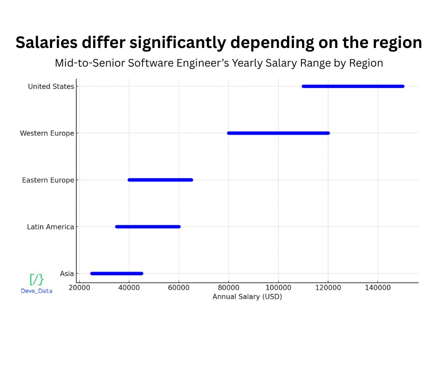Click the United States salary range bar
(353, 86)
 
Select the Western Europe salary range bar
(278, 133)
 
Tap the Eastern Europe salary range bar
(160, 180)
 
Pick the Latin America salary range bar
(148, 227)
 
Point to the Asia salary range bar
(116, 273)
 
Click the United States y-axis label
(51, 87)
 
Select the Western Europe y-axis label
(47, 134)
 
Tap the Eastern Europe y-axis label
(48, 180)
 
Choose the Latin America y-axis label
(50, 227)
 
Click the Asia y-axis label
(67, 274)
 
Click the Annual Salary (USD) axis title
(247, 297)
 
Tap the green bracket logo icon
(36, 279)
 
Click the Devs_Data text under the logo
(36, 291)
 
